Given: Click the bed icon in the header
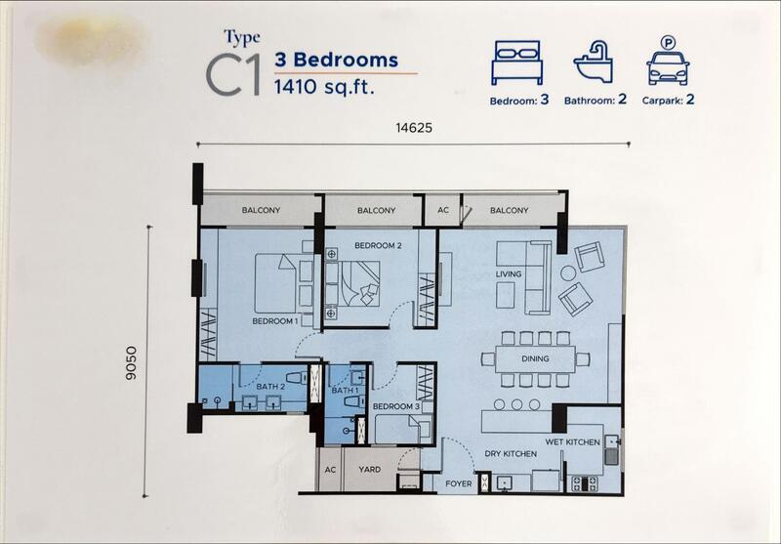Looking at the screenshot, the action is (516, 63).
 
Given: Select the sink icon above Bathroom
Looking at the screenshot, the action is (594, 62).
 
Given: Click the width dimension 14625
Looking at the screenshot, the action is (414, 128).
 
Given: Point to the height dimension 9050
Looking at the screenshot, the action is (131, 363).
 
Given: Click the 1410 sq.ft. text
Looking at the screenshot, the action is (324, 87).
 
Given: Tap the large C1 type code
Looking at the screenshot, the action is (233, 75).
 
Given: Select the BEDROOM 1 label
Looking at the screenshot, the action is (275, 321).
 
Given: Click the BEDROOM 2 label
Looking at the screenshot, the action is (378, 245).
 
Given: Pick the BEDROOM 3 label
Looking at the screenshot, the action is (396, 406).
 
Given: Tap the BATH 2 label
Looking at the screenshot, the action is (270, 387).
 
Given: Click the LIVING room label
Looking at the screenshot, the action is (509, 274).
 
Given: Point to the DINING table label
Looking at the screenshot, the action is (535, 358).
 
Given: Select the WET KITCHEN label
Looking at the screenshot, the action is (572, 441).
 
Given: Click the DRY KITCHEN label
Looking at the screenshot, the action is (511, 454).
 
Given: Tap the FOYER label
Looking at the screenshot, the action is (458, 483).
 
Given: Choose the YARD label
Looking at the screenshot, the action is (370, 469).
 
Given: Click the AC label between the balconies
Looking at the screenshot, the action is (443, 210).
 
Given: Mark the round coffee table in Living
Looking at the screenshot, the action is (568, 273).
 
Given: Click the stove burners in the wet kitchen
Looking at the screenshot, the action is (585, 483).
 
